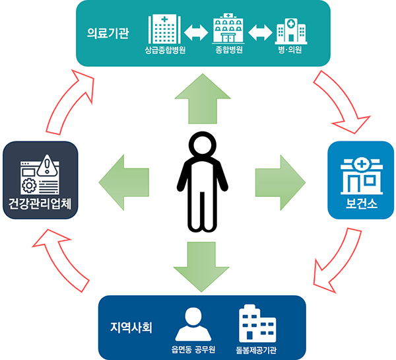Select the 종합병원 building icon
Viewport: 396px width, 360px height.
(228, 28)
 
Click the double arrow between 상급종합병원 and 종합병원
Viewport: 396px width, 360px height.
(196, 31)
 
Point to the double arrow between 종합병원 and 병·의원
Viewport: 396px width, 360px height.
(259, 31)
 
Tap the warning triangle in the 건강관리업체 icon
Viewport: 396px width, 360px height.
(49, 164)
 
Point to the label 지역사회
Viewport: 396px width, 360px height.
(131, 326)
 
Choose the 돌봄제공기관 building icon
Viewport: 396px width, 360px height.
(256, 323)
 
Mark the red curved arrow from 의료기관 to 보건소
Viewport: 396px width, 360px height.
(342, 99)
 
